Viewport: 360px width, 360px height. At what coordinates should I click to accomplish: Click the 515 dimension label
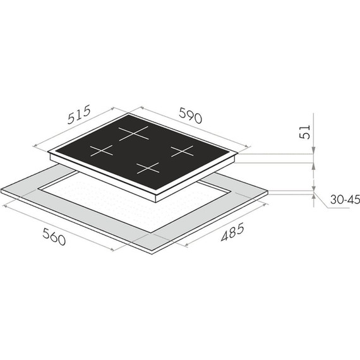pos(79,114)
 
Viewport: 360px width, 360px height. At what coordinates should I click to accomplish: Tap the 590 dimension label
pos(191,115)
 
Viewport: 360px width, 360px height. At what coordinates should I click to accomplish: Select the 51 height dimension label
pos(304,132)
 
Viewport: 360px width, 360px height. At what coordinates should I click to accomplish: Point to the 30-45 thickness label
pos(345,200)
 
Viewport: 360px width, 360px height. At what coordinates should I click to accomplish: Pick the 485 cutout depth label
pos(232,232)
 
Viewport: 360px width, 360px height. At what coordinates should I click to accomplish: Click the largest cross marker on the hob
pos(133,133)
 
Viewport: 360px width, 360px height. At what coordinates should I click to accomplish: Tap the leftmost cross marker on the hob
pos(102,150)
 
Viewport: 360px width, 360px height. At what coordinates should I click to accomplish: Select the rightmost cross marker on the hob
pos(183,151)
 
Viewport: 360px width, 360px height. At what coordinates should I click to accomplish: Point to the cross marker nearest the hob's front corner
pos(148,168)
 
